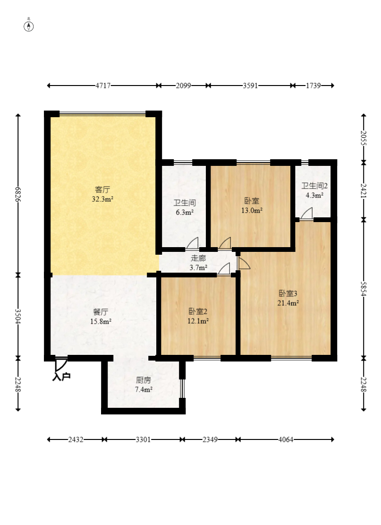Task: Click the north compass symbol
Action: [x=29, y=26]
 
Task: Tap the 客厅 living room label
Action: [x=102, y=189]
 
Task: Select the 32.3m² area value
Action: [x=102, y=199]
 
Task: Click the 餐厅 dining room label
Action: [x=101, y=312]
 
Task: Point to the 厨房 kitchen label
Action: [x=144, y=380]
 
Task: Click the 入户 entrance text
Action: [x=61, y=376]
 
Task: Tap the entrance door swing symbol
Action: [x=61, y=364]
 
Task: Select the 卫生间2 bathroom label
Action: [x=314, y=186]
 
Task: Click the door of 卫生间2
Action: [x=306, y=214]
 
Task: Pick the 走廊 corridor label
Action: [x=198, y=258]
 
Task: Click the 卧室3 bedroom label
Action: [x=288, y=293]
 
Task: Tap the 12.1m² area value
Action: [x=198, y=321]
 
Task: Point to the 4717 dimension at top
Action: [x=103, y=86]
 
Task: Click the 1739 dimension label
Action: [x=313, y=86]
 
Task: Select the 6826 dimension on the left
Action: [x=18, y=194]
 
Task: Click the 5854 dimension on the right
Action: [x=364, y=289]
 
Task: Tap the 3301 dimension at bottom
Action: [x=143, y=439]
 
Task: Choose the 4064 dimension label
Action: [x=286, y=439]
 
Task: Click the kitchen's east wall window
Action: [x=182, y=388]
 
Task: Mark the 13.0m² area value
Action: [x=252, y=210]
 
